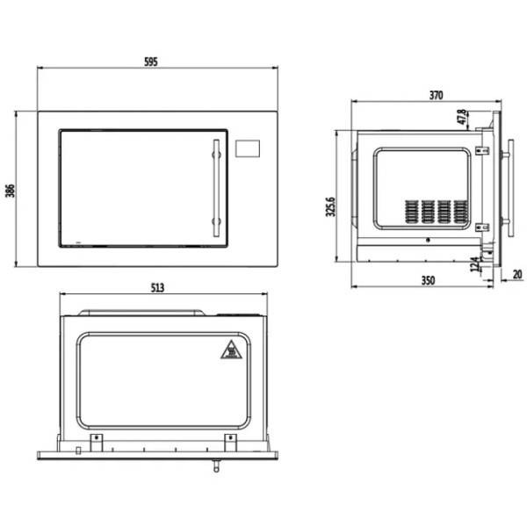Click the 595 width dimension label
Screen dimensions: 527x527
[x=151, y=61]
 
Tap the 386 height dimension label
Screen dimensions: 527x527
[x=10, y=191]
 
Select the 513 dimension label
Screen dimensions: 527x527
[x=157, y=288]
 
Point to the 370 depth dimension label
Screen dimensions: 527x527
[x=436, y=96]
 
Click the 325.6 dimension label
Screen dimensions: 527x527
[x=331, y=206]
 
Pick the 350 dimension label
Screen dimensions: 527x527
[x=428, y=280]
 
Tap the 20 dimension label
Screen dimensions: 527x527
[x=517, y=275]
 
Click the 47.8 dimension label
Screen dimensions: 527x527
[x=462, y=117]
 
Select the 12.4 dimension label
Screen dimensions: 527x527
[x=475, y=264]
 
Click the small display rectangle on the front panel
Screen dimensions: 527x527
[x=248, y=148]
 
